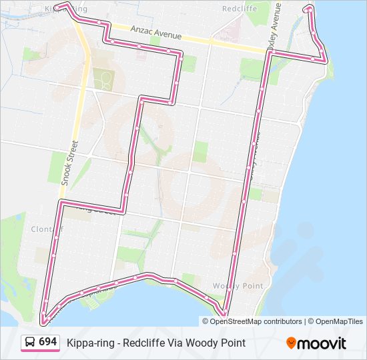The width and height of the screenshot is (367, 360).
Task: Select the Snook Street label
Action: (x=69, y=162)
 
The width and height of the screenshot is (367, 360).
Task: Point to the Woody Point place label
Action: (x=230, y=285)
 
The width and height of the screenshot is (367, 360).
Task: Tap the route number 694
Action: (x=47, y=341)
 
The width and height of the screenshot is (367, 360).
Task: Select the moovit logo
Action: (x=316, y=343)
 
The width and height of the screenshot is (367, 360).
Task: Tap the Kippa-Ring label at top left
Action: (x=66, y=9)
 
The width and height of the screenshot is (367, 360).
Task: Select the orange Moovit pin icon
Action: (x=292, y=343)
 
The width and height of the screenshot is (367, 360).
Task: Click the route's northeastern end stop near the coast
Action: (x=308, y=9)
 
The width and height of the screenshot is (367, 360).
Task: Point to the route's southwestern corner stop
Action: (x=44, y=323)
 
